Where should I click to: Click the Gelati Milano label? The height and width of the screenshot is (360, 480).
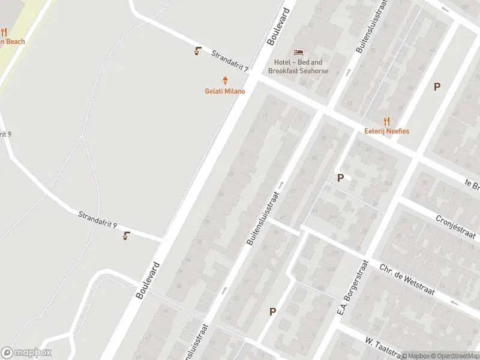click(226, 91)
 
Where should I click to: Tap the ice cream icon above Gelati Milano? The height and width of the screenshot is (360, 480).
click(226, 80)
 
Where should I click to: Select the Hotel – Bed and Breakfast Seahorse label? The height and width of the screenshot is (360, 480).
click(298, 67)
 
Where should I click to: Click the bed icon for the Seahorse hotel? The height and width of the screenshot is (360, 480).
click(298, 52)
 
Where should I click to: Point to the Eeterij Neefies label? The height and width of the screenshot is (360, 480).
click(386, 131)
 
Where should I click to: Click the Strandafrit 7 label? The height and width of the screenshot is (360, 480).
click(229, 61)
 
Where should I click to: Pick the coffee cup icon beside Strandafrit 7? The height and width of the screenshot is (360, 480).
click(197, 51)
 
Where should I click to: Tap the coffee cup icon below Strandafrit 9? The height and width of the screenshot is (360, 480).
click(126, 235)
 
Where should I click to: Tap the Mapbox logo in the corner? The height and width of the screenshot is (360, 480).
click(26, 353)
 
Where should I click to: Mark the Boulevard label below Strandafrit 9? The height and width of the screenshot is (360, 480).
click(148, 280)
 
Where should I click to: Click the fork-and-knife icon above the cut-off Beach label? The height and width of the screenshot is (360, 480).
click(4, 32)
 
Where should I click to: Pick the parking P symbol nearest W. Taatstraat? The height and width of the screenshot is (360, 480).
click(273, 311)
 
